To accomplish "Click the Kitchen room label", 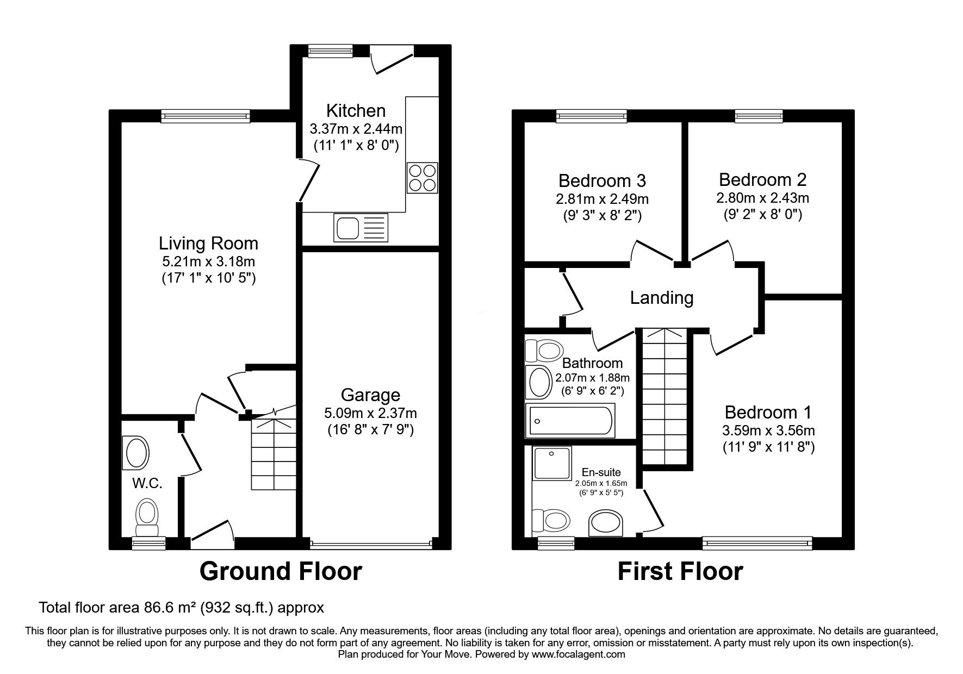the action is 356,111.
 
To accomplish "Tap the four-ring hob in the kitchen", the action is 422,177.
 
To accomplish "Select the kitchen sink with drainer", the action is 361,228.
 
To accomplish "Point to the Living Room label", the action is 208,243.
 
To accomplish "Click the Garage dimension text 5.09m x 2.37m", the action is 371,413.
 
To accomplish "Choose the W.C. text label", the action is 148,483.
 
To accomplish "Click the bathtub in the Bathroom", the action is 570,420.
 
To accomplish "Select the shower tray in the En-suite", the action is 552,464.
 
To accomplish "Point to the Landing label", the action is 662,298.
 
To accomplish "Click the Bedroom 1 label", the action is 768,413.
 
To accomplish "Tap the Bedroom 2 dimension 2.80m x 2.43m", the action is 762,198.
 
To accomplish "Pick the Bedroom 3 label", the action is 602,180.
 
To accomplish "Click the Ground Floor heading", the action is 281,572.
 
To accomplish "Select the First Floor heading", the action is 680,572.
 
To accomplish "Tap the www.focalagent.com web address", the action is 578,654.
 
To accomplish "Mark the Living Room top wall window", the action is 206,115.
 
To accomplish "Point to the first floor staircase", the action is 667,397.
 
